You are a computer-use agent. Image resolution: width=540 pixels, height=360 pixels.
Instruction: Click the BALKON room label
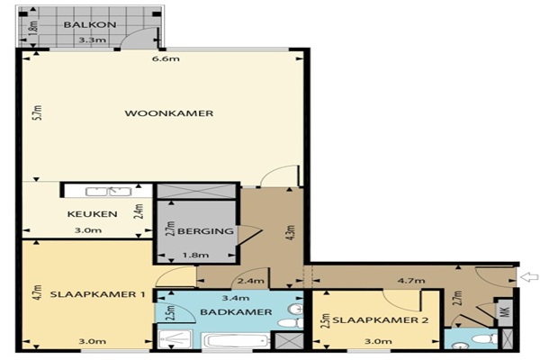coord(89,25)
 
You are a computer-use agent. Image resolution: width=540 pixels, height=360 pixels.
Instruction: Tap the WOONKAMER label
coord(169,113)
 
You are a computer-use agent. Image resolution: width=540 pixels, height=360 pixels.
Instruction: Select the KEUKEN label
coord(93,214)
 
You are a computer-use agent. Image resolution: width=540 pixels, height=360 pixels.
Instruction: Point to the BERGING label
coord(205,231)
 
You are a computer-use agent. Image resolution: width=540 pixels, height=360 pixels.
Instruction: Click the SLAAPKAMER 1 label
coord(97,294)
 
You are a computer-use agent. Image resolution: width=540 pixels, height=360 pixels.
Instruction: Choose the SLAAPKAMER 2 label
coord(381,320)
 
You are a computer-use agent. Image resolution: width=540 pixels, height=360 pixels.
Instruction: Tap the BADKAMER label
coord(236,312)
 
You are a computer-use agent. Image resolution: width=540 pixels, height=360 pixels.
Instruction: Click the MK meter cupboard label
coord(505,312)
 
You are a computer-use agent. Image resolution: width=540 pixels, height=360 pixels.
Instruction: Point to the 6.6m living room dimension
coord(166,58)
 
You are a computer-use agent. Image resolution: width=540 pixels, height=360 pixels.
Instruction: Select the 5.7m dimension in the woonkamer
coord(38,112)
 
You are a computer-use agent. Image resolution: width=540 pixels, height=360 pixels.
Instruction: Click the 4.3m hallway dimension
coord(291,232)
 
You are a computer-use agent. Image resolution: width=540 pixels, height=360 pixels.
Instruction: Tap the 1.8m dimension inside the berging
coord(195,256)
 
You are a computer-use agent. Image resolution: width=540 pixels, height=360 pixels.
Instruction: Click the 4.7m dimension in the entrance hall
coord(411,281)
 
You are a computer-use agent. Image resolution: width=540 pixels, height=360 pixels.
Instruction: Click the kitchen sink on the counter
coord(109,192)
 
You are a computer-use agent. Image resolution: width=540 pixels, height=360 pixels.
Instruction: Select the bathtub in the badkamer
coord(236,340)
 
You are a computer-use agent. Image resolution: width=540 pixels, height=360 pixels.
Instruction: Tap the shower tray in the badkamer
coord(175,339)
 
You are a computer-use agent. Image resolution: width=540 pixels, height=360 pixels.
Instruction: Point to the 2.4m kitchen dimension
coord(139,211)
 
